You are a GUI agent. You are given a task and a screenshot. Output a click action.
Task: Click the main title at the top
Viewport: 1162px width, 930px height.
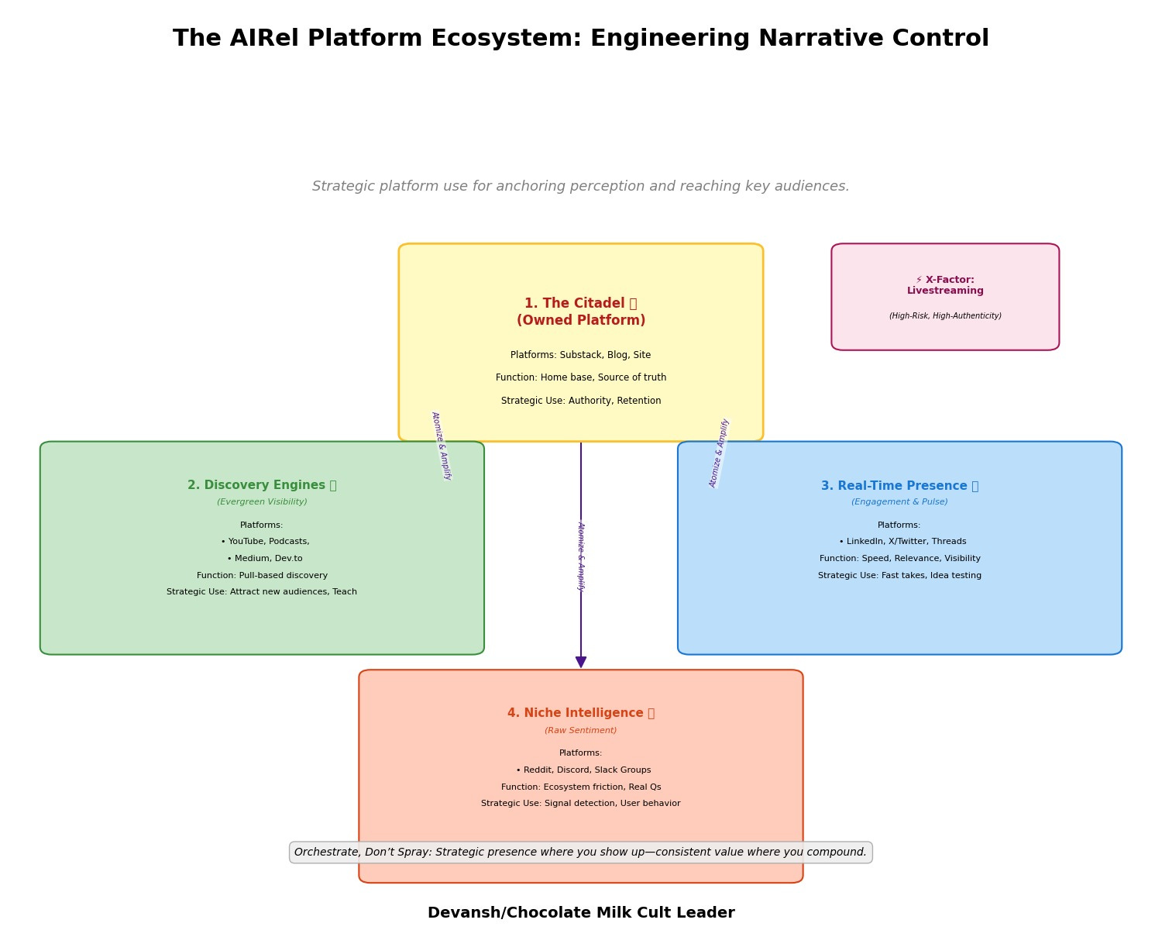(x=581, y=39)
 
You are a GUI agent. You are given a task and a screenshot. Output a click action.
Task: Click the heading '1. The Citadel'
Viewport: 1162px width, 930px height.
(x=580, y=304)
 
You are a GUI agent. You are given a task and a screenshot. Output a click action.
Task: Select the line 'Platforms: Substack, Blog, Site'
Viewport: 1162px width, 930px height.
(x=581, y=355)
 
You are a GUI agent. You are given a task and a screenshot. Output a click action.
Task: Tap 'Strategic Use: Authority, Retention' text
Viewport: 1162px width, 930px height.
(x=581, y=401)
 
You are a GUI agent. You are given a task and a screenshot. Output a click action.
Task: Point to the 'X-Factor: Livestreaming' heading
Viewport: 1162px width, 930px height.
(x=945, y=285)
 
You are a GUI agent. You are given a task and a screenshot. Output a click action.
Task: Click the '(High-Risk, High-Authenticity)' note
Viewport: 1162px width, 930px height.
(x=945, y=316)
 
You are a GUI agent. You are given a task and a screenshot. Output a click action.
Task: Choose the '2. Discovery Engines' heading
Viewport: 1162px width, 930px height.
(x=262, y=485)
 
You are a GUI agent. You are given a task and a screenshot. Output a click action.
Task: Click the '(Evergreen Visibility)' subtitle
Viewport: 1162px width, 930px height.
(x=262, y=502)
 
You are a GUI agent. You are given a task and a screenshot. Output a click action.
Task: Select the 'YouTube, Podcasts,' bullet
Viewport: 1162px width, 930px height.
(x=265, y=542)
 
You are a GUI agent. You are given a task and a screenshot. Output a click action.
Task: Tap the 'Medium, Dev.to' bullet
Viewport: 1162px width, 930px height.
(x=265, y=559)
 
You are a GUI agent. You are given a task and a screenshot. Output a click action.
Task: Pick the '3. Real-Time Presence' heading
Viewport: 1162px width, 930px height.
(x=899, y=486)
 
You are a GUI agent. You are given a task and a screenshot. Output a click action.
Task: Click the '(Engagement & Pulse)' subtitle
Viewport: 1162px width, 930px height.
(x=899, y=502)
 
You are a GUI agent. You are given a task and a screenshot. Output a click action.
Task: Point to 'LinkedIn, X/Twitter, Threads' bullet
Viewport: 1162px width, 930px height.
(x=902, y=542)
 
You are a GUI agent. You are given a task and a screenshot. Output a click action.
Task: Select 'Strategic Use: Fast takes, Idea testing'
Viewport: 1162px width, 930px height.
(x=899, y=576)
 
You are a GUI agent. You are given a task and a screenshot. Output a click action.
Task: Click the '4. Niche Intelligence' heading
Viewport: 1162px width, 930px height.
(x=581, y=713)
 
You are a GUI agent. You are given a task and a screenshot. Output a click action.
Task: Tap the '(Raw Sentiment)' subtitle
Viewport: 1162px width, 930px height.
(x=581, y=730)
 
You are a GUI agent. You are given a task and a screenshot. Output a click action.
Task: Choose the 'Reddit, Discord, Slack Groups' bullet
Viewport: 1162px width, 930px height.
(x=583, y=770)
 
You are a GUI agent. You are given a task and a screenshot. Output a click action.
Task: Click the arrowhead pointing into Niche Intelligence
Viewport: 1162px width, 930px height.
(x=581, y=663)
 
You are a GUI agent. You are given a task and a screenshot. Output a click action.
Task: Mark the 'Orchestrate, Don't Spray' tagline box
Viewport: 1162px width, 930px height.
(x=581, y=852)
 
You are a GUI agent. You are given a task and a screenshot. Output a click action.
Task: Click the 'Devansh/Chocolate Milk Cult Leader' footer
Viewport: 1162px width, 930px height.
(x=581, y=913)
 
